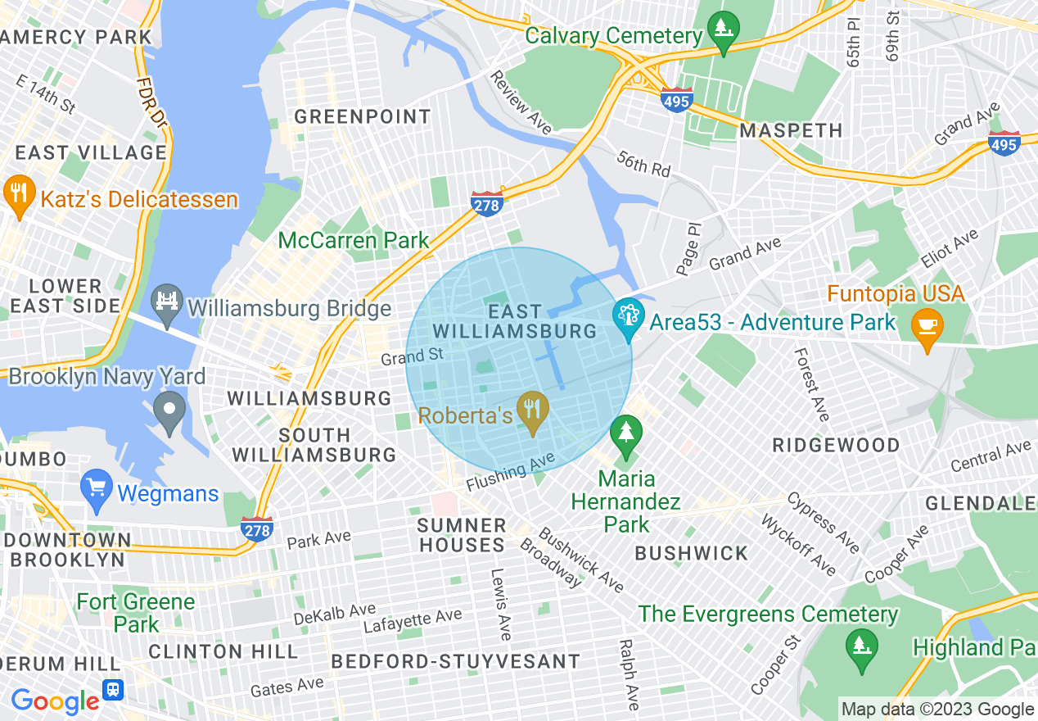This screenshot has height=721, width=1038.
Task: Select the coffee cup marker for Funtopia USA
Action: coord(927,326)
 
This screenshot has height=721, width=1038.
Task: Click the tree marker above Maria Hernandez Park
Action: coord(626,432)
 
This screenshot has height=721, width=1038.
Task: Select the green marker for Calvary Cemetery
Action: coord(723,29)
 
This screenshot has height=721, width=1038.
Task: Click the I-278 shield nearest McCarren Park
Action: coord(486,203)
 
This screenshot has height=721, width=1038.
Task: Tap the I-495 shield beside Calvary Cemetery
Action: coord(677,99)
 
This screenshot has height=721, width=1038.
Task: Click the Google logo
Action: coord(55,701)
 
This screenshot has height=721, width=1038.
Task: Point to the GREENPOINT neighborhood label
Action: coord(362,117)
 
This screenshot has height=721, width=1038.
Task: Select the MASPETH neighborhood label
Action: coord(791,131)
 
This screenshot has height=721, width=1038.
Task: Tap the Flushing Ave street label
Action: coord(510,473)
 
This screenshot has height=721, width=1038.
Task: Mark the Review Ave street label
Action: coord(521,102)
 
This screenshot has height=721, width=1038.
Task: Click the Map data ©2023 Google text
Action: coord(938,710)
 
